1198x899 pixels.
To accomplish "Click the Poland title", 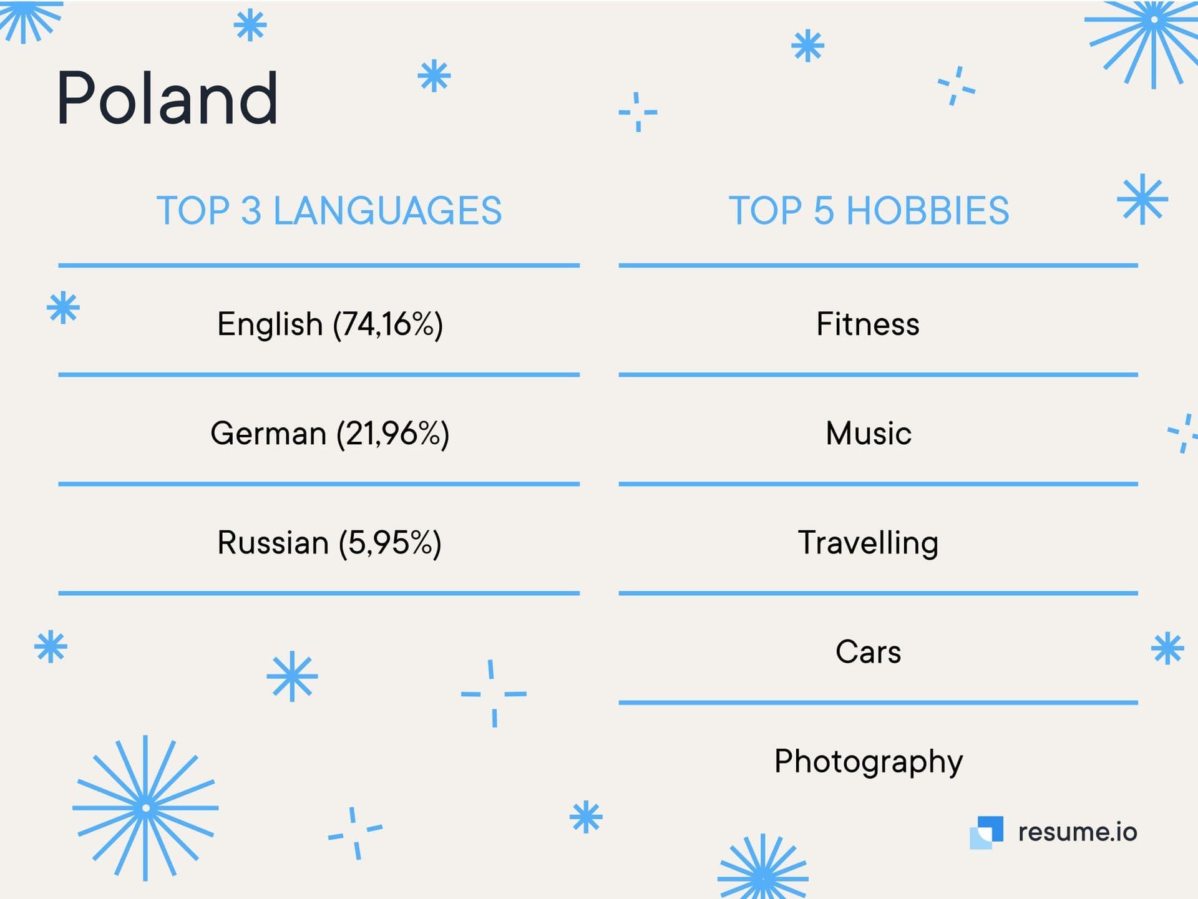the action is (167, 98).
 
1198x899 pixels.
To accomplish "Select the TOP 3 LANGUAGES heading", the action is (329, 210).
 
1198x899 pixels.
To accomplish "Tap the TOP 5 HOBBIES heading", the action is (869, 210).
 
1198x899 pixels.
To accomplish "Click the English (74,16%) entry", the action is (330, 324).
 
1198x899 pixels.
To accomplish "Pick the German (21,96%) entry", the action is (330, 434).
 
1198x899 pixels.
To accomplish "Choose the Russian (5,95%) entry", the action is (329, 543).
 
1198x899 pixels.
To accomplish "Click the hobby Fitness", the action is (868, 324).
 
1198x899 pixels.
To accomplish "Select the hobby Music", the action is (869, 433).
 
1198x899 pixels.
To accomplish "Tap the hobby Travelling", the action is (868, 543).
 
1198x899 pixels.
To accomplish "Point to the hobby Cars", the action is (869, 652).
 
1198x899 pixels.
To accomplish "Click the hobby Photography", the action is (869, 762).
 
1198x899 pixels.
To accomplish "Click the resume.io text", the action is (1078, 832).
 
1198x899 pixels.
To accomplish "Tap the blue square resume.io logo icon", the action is (986, 833).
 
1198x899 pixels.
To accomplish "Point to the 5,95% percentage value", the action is (391, 543).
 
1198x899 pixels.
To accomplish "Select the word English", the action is (270, 324).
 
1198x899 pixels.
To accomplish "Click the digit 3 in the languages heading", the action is (251, 210).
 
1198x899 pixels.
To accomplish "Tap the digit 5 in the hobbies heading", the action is (824, 210).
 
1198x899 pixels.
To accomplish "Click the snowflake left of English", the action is (63, 308).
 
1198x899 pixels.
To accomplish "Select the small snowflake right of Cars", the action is (1167, 648).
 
